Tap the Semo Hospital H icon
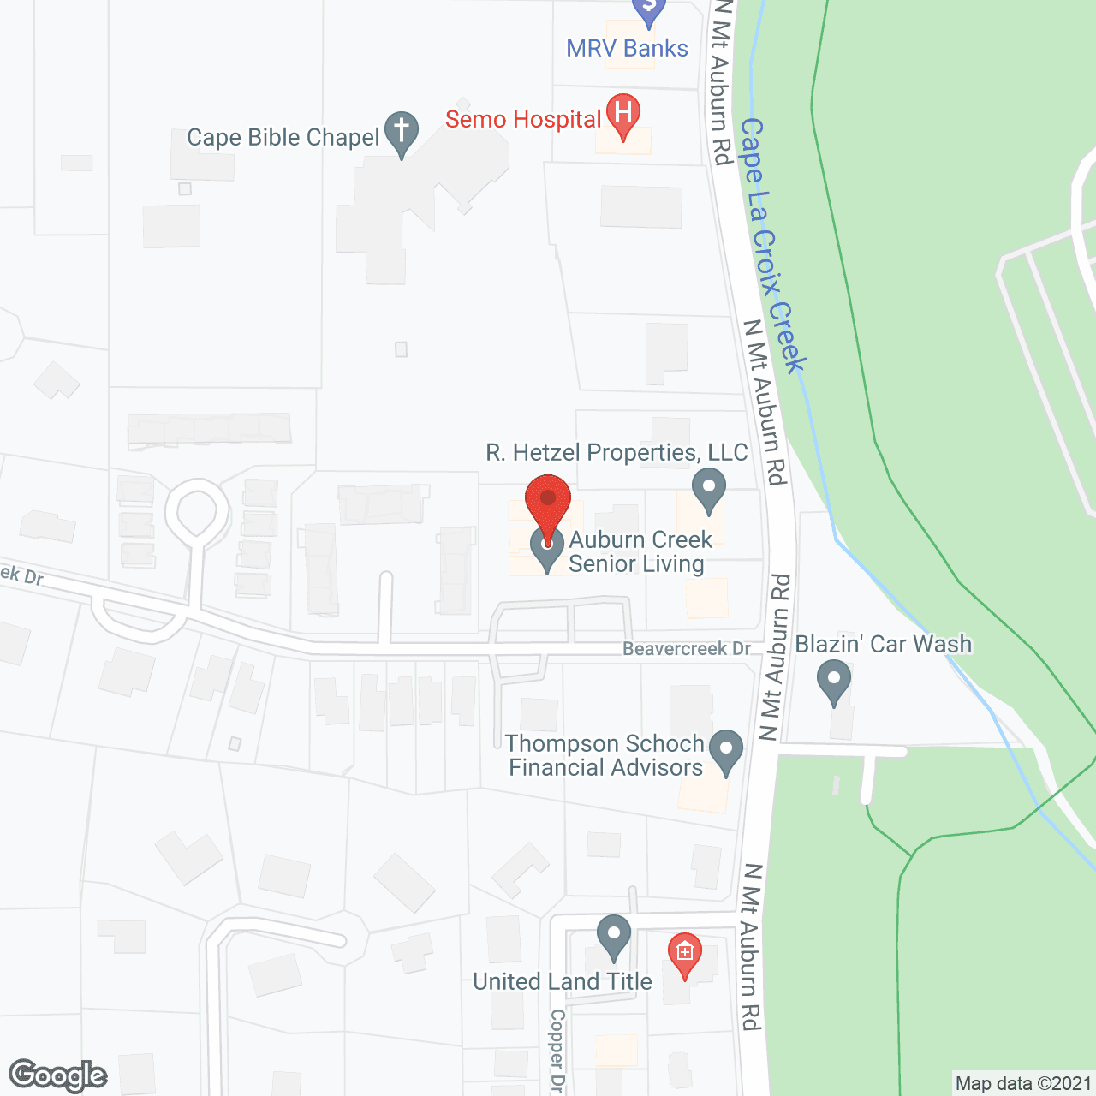pos(623,114)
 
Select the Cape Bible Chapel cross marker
pos(401,133)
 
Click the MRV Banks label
pos(627,48)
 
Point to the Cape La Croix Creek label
pos(772,246)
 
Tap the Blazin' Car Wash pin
pos(834,683)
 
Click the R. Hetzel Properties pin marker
pos(708,489)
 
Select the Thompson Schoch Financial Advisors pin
pos(726,750)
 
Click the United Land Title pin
pos(613,936)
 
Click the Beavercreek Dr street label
pos(687,648)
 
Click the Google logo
pos(58,1075)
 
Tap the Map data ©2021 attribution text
pos(1023,1084)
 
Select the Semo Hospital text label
pos(523,119)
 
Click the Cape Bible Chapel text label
pos(283,138)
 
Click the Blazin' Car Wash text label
pos(884,644)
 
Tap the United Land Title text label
pos(563,981)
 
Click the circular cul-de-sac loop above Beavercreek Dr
pos(198,511)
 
